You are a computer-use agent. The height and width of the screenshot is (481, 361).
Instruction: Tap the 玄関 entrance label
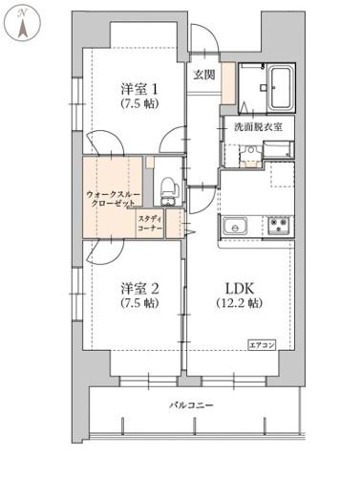(x=204, y=75)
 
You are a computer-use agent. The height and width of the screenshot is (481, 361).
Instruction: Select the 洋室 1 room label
(x=138, y=89)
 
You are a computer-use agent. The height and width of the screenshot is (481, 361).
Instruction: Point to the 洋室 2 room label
(x=139, y=289)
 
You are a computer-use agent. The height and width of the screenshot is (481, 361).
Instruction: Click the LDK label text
(x=240, y=289)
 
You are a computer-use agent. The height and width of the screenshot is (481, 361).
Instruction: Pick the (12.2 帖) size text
(x=240, y=303)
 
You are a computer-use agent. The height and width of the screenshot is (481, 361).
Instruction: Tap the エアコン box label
(x=262, y=345)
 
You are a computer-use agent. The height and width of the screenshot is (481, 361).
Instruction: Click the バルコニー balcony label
(x=191, y=405)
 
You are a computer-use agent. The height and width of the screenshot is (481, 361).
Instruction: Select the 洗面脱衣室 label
(x=258, y=127)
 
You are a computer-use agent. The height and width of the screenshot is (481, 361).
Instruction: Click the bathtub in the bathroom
(x=281, y=87)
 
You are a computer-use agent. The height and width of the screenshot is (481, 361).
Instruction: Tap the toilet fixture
(x=167, y=190)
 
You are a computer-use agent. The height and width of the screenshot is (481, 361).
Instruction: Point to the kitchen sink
(x=235, y=226)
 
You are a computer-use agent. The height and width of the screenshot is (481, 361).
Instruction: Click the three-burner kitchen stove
(x=279, y=226)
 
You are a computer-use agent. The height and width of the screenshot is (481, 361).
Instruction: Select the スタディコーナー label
(x=150, y=224)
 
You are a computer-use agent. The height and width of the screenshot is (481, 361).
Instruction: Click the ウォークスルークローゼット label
(x=111, y=199)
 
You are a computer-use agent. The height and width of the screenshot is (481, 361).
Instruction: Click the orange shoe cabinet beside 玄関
(x=228, y=83)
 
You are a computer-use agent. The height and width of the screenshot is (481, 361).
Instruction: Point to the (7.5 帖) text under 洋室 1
(x=139, y=104)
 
